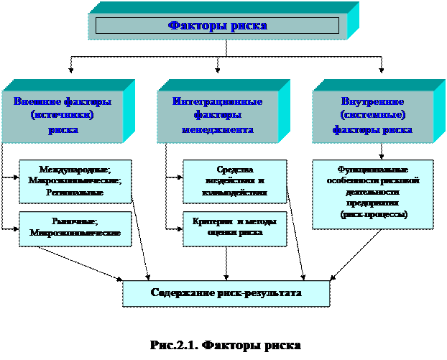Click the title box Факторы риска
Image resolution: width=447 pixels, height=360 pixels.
[217, 26]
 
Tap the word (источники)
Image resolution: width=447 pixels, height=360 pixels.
[63, 115]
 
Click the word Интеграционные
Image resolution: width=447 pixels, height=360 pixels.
[217, 101]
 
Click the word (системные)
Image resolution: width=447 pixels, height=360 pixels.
[372, 115]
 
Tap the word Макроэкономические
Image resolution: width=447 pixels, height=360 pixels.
[75, 181]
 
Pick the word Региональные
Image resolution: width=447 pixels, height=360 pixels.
[75, 193]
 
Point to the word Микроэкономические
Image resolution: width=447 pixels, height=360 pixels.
[75, 233]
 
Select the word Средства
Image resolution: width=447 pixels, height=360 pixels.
[234, 170]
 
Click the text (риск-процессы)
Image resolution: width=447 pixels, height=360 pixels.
[372, 214]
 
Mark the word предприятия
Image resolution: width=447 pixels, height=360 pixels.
[372, 203]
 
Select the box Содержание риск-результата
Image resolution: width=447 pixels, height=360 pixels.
[226, 293]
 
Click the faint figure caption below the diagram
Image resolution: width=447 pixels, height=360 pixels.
[226, 346]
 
